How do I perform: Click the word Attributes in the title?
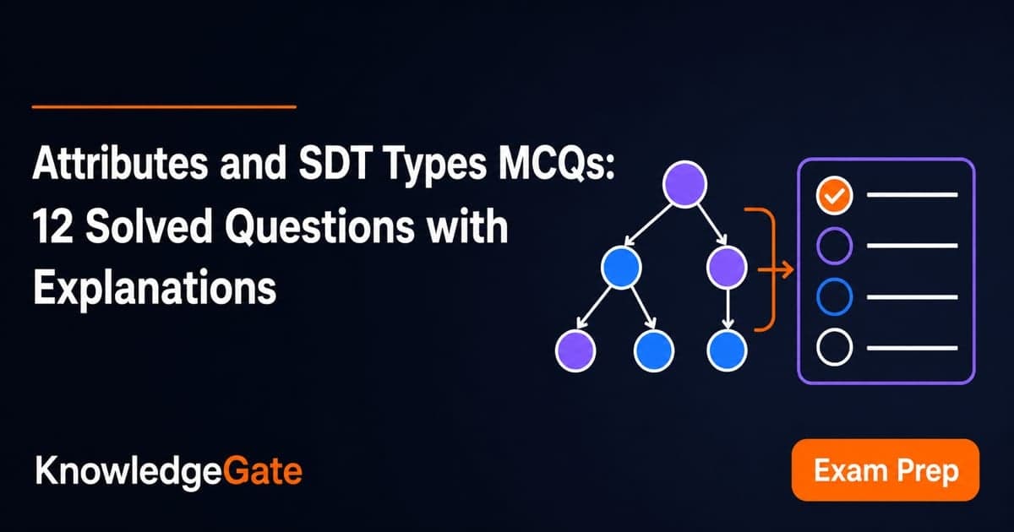(120, 163)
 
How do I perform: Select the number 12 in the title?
(52, 226)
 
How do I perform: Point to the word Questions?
(319, 227)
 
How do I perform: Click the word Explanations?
(155, 289)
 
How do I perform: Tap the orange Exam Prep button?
(886, 470)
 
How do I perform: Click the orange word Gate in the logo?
(263, 471)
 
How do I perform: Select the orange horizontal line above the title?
(164, 107)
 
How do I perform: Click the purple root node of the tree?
(684, 184)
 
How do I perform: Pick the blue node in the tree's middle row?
(621, 268)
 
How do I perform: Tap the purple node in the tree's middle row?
(727, 268)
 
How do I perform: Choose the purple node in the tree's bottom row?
(575, 350)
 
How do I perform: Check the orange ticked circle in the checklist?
(834, 195)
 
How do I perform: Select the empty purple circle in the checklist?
(834, 246)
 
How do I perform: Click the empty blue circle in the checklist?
(834, 296)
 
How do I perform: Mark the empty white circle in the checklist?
(834, 347)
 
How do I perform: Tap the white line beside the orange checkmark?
(912, 195)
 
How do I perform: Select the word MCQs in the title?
(557, 163)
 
